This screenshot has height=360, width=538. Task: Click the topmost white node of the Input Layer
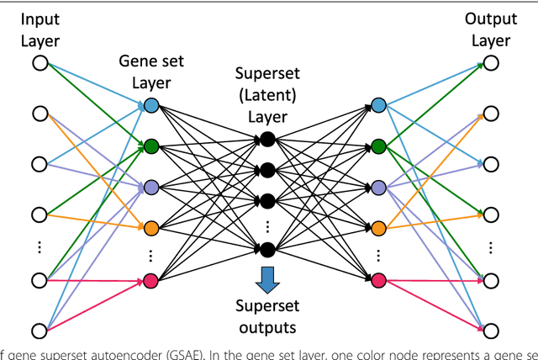(x=39, y=63)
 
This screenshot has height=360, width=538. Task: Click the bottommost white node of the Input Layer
(x=39, y=329)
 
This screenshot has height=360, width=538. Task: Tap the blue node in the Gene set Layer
(x=151, y=106)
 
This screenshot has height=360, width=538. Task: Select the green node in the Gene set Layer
(x=151, y=146)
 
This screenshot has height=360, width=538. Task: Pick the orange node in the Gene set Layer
(x=151, y=228)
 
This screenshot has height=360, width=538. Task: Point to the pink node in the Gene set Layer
(x=151, y=279)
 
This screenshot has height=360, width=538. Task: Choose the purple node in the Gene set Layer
(x=151, y=186)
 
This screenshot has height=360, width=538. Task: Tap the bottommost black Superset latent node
(x=267, y=249)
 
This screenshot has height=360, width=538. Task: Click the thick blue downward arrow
(x=267, y=278)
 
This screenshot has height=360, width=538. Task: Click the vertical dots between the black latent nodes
(x=267, y=225)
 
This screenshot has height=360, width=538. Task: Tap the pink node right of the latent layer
(x=378, y=279)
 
